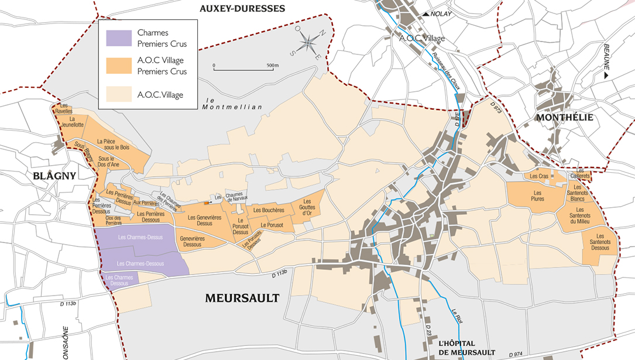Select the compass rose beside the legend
(308, 44)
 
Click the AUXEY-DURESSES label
(242, 8)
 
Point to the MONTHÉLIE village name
(564, 118)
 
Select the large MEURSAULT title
(242, 298)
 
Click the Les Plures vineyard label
(537, 196)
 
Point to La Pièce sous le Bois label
(109, 144)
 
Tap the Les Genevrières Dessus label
(208, 220)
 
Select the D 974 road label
(516, 354)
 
